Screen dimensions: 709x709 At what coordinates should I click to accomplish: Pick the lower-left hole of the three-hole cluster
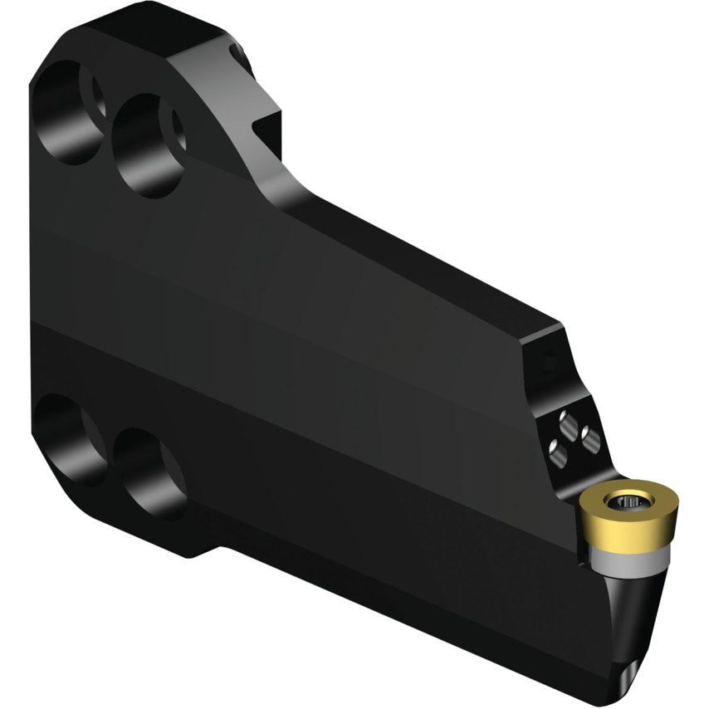pos(555,449)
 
